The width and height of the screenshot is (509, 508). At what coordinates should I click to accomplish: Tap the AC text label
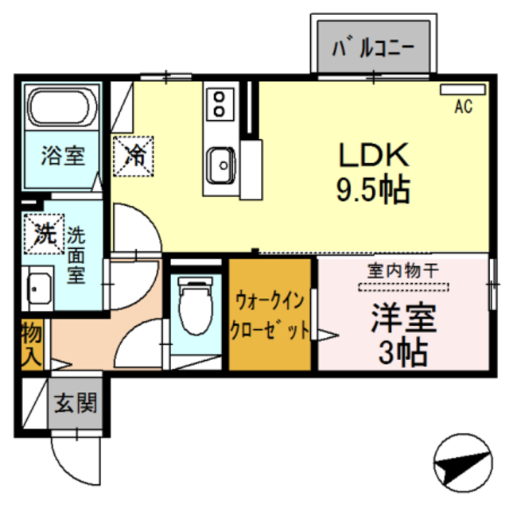[x=463, y=107]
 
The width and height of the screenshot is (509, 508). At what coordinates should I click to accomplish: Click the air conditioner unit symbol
[x=462, y=89]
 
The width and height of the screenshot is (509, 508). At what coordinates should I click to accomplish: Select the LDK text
[x=375, y=153]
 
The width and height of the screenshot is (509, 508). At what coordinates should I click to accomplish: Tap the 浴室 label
[x=63, y=155]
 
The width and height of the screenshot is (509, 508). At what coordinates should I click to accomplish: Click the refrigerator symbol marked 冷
[x=136, y=153]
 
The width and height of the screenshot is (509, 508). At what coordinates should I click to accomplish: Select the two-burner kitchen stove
[x=217, y=103]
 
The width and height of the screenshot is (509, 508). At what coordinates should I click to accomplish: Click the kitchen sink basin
[x=219, y=165]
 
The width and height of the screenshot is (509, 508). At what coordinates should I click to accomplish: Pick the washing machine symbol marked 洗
[x=44, y=234]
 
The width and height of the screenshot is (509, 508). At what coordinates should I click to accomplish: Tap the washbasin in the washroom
[x=37, y=289]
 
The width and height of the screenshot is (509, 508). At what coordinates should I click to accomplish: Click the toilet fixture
[x=193, y=306]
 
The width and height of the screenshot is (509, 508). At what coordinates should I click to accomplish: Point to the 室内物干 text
[x=402, y=271]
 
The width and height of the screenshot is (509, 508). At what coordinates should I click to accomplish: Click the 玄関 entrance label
[x=76, y=404]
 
